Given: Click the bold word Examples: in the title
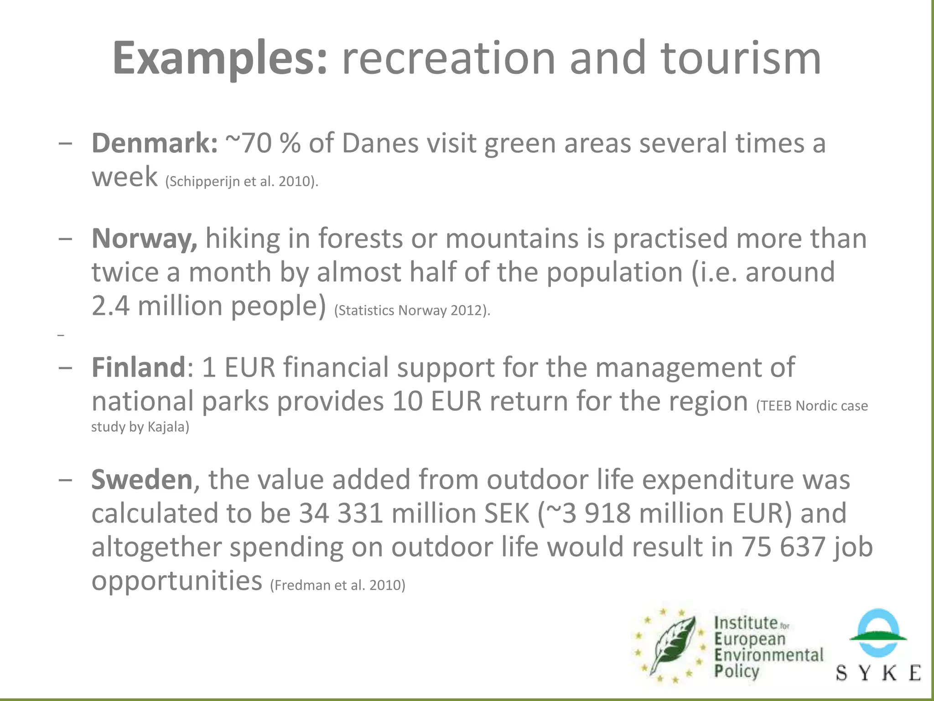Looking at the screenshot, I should pyautogui.click(x=220, y=58).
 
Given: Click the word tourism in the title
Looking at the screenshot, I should pyautogui.click(x=741, y=58).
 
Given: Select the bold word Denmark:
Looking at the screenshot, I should pyautogui.click(x=155, y=143).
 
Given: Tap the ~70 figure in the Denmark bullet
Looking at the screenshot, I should pyautogui.click(x=249, y=143).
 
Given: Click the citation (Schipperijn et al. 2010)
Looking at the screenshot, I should pyautogui.click(x=242, y=182).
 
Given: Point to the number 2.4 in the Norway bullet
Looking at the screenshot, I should pyautogui.click(x=110, y=305).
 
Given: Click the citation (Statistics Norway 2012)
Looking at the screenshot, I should pyautogui.click(x=412, y=311).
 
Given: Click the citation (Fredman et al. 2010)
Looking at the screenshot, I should pyautogui.click(x=337, y=585).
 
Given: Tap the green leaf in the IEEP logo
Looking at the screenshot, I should pyautogui.click(x=673, y=643).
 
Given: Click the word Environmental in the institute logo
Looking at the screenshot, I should pyautogui.click(x=769, y=655).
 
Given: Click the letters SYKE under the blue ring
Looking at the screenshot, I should pyautogui.click(x=878, y=673).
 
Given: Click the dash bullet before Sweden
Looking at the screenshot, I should pyautogui.click(x=65, y=480).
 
